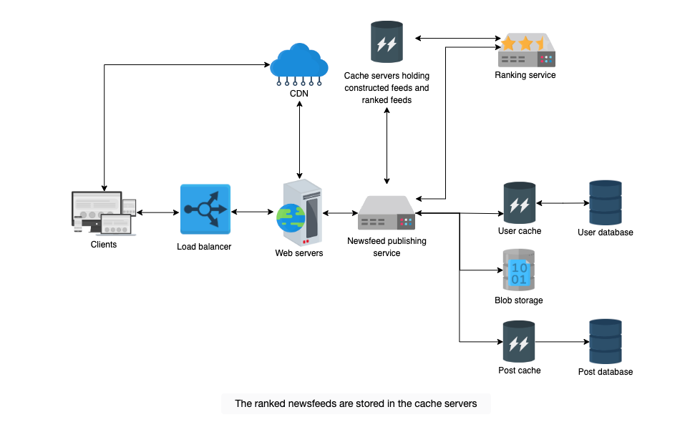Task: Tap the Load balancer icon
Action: click(x=205, y=210)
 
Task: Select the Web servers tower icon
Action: click(x=300, y=212)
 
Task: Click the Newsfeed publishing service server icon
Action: click(x=387, y=212)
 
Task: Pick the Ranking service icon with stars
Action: click(x=526, y=50)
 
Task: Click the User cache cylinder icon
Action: click(x=520, y=203)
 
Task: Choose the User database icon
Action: click(x=606, y=202)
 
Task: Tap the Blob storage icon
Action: click(x=519, y=270)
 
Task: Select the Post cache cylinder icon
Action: click(x=519, y=342)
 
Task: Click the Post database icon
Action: click(x=606, y=342)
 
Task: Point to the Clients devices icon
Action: click(x=104, y=213)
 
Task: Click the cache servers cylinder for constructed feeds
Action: click(x=387, y=41)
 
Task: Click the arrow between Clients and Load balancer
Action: click(x=158, y=212)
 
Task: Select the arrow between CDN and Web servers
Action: click(x=299, y=139)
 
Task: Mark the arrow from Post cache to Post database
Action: click(x=563, y=342)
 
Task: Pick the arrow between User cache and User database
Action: click(x=563, y=203)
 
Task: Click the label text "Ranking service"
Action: click(x=525, y=75)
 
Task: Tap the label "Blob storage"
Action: click(x=519, y=300)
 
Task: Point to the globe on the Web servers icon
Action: click(x=291, y=218)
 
